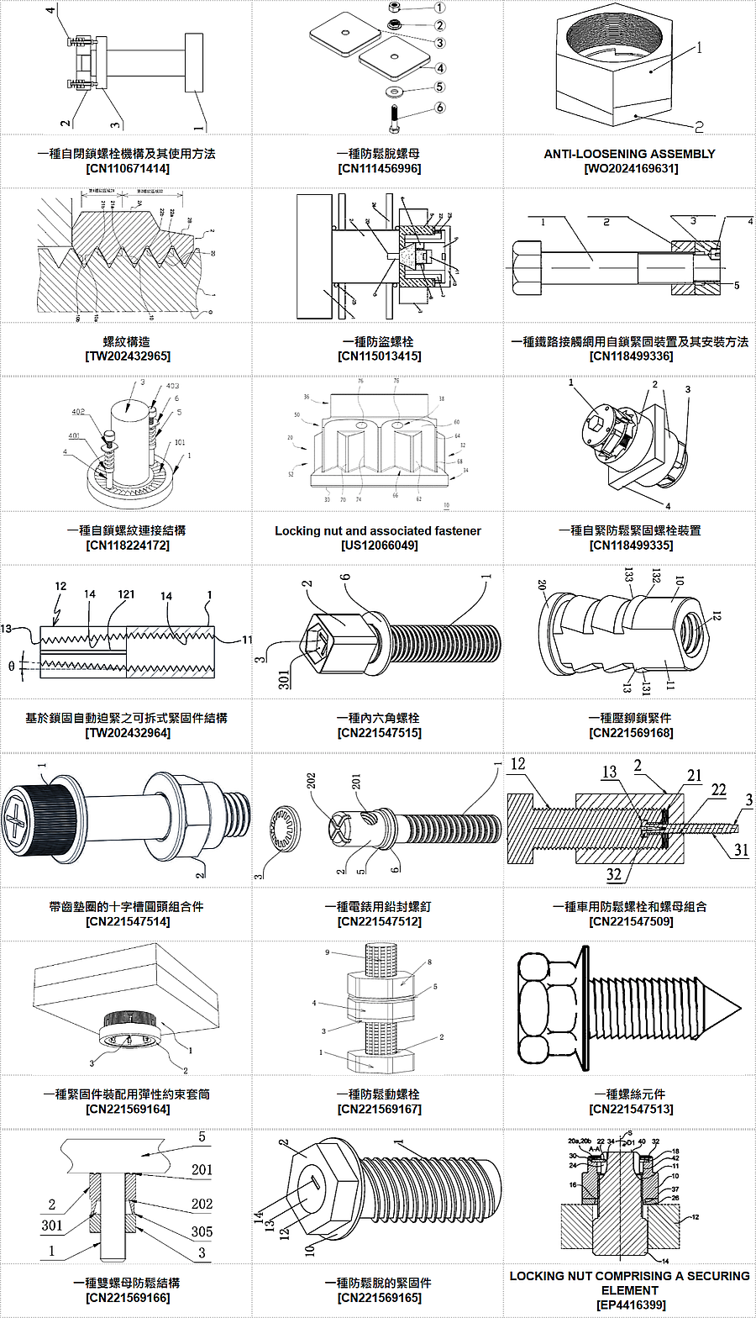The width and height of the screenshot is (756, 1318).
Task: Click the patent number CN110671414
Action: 126,168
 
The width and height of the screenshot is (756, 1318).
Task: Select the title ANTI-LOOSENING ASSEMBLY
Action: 630,154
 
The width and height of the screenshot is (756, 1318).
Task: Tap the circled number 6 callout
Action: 440,108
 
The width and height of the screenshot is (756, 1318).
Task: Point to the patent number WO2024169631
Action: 630,168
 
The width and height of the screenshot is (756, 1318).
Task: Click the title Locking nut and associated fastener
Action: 378,530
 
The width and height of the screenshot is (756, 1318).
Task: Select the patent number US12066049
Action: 378,545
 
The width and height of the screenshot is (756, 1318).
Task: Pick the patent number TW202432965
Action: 126,356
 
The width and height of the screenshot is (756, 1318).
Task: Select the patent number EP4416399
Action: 630,1304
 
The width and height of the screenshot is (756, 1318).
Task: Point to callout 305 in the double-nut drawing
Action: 201,1231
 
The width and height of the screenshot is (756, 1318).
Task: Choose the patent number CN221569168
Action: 630,733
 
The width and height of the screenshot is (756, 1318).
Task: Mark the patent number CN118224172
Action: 126,545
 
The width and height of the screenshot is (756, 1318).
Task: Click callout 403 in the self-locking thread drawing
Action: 172,386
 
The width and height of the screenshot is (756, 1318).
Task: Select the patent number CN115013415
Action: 378,356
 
